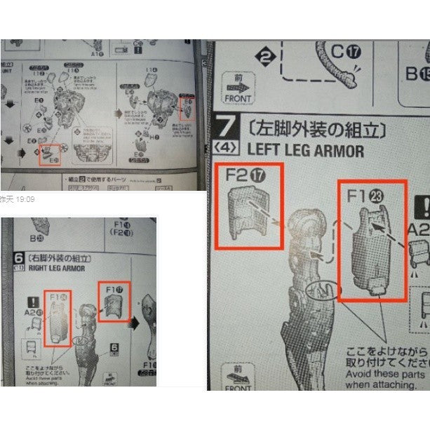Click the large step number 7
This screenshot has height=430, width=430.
226,130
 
